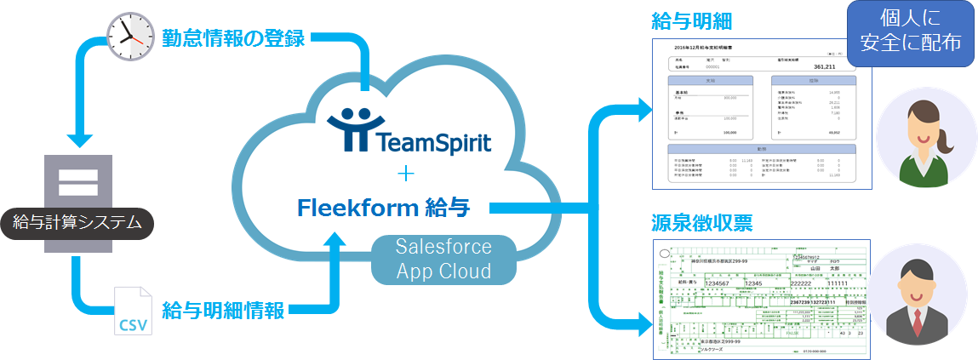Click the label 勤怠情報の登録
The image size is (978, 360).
click(234, 38)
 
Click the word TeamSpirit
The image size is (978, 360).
click(436, 139)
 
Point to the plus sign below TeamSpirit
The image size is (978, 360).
click(405, 174)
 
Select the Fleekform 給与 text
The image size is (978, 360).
click(392, 208)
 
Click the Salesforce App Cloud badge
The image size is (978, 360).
click(443, 260)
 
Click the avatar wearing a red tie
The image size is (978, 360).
click(920, 294)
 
